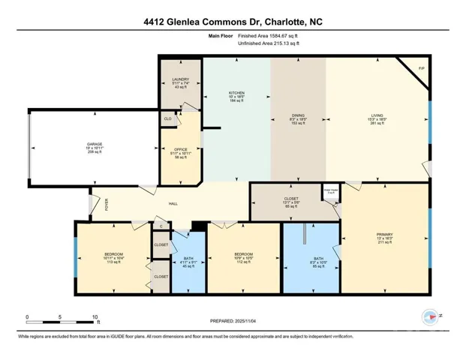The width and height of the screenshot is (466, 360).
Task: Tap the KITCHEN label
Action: (x=236, y=94)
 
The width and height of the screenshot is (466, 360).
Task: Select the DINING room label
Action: (x=298, y=116)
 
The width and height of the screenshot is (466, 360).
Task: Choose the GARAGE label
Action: (x=94, y=145)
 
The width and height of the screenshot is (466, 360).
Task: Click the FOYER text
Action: (x=106, y=202)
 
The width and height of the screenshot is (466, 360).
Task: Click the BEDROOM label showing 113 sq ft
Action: (x=113, y=254)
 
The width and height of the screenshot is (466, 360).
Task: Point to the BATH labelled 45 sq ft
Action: (x=188, y=259)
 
